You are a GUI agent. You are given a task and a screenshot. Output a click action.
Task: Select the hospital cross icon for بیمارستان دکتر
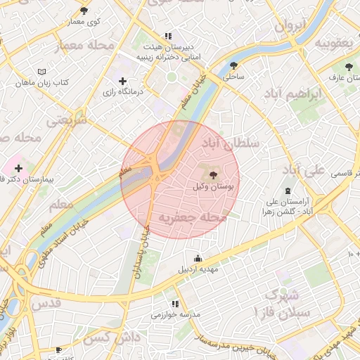18,168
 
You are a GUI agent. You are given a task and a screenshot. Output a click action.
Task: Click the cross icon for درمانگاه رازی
124,81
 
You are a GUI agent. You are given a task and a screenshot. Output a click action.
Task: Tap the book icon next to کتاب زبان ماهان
41,71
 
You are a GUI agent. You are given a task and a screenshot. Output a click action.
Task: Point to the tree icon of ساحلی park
233,65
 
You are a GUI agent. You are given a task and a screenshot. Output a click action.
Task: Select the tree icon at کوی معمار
84,11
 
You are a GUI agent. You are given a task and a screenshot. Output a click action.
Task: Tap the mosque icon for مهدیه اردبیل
198,257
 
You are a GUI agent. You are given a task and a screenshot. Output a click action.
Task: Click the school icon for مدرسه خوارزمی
174,304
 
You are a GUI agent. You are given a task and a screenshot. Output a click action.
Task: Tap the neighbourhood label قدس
47,303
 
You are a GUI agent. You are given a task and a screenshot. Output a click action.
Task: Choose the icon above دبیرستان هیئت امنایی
167,35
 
